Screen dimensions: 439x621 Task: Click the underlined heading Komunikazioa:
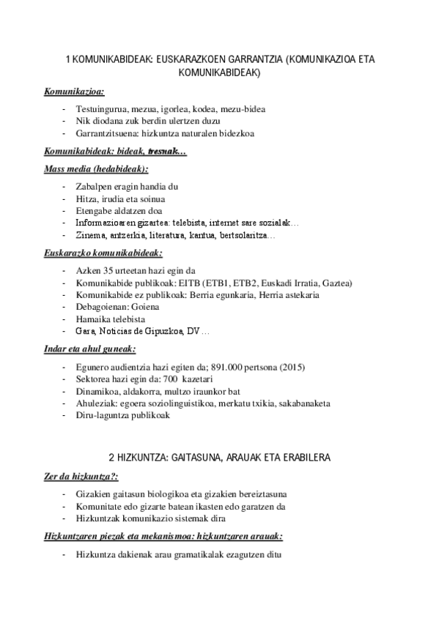(74, 92)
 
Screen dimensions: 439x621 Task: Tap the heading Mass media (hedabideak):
(95, 168)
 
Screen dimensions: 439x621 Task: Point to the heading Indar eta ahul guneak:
(85, 349)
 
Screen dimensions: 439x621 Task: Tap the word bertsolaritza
(246, 236)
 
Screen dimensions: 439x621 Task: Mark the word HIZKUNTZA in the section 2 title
(139, 457)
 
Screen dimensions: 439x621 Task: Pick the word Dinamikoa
(97, 391)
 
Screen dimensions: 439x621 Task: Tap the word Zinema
(89, 236)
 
